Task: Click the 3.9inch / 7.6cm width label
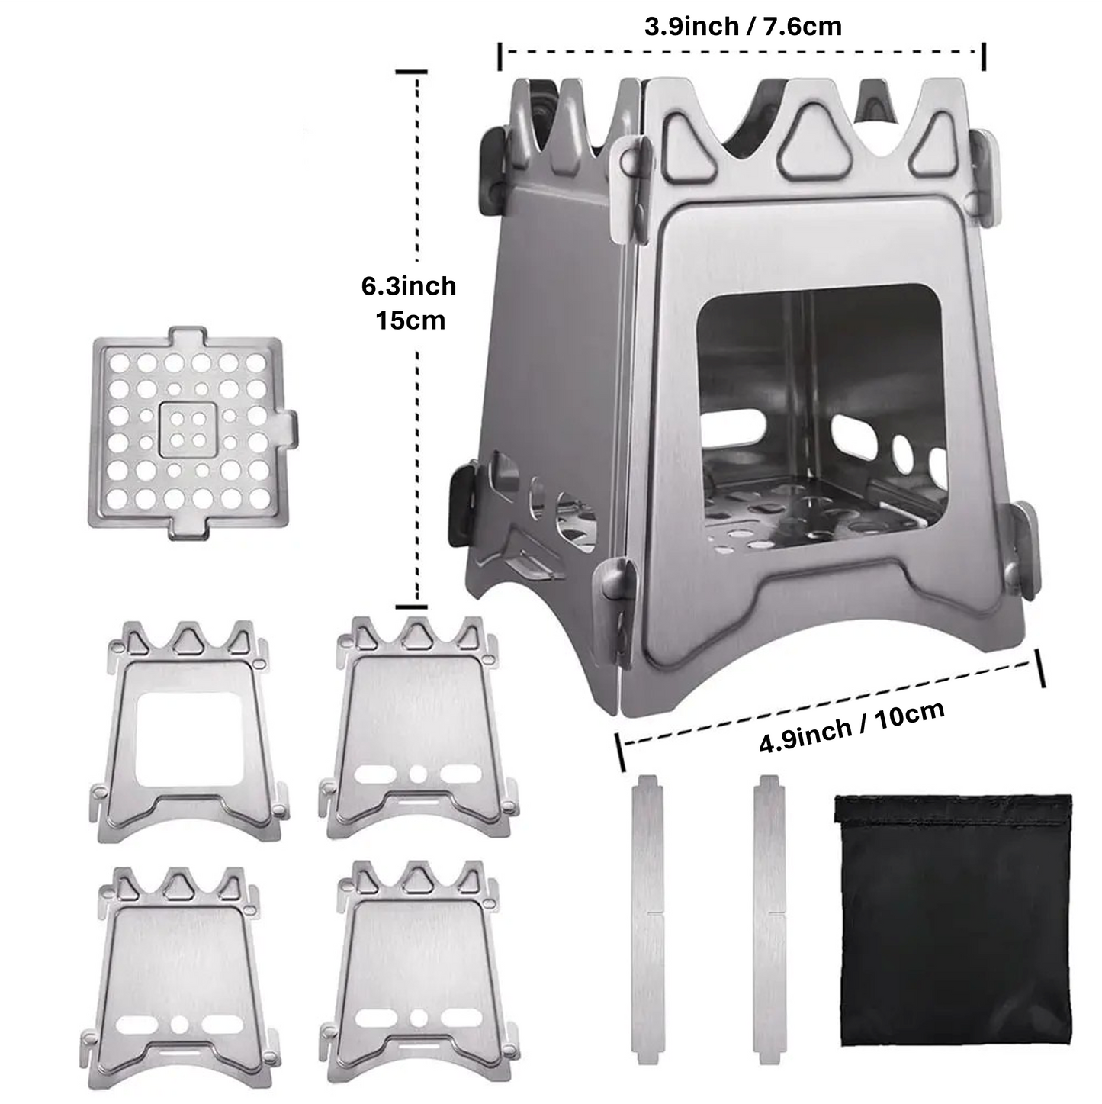743,27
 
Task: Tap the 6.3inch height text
409,286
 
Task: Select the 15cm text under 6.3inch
410,320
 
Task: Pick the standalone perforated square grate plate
188,433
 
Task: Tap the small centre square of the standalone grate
188,429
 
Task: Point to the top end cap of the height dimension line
411,72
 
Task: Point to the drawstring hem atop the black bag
953,809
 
